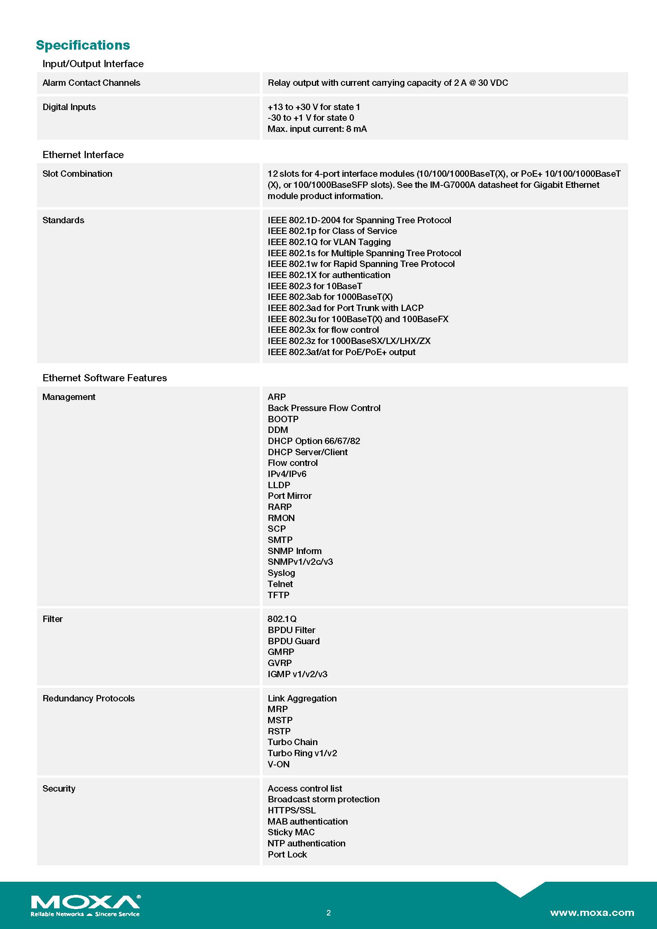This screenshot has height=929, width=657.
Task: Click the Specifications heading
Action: pos(83,45)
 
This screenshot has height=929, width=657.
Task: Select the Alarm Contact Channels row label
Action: pos(91,83)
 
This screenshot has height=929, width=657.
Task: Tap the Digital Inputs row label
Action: pos(69,107)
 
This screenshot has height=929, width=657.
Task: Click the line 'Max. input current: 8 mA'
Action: pos(317,129)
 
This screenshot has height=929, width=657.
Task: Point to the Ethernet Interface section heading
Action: pos(83,155)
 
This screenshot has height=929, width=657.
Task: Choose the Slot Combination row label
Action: pos(77,174)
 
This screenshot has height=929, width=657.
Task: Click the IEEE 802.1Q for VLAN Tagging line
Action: pos(329,242)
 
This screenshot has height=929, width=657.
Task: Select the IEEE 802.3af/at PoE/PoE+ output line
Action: pos(341,352)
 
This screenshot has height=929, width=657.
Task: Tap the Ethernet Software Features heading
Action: pos(104,377)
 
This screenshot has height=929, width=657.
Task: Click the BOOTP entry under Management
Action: pos(283,419)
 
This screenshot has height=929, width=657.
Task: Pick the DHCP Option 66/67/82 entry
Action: pos(313,440)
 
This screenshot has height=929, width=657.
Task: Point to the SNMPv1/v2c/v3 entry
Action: pos(300,562)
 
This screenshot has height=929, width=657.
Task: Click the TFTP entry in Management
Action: pos(278,595)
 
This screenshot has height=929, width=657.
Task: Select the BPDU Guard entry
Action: pos(293,641)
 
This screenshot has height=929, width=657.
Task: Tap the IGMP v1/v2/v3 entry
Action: pos(298,674)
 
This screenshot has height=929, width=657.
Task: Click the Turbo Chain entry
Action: pos(292,742)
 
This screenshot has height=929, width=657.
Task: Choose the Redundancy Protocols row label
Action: pos(88,698)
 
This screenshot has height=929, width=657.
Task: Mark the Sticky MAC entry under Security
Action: pos(291,832)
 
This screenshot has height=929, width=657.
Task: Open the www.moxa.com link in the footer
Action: pos(592,912)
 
